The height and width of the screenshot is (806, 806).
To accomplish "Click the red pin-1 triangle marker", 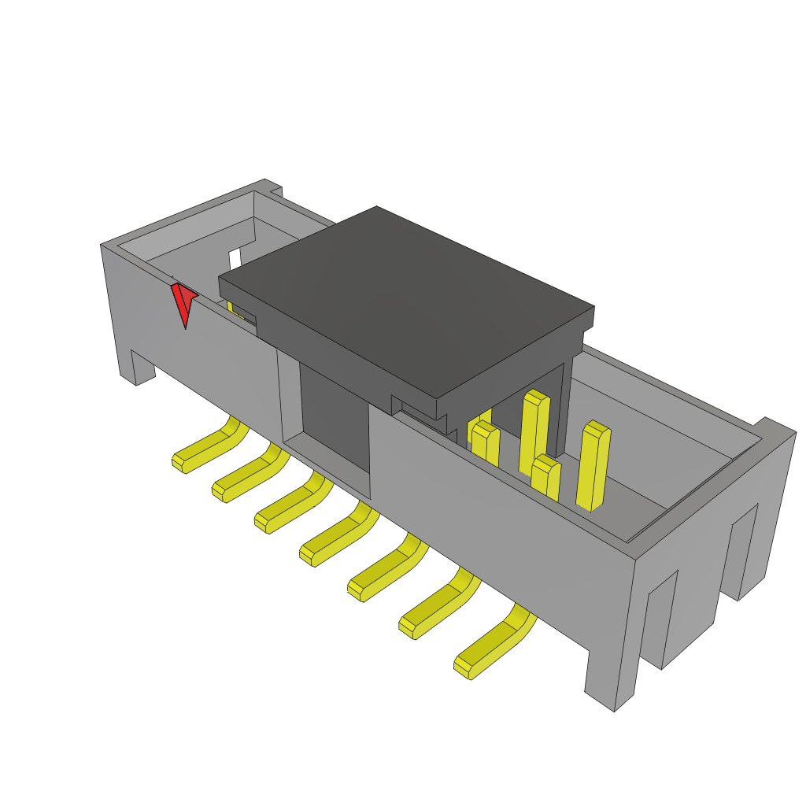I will coord(183,302).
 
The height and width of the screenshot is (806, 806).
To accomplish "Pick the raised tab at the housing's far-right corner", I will coord(775,429).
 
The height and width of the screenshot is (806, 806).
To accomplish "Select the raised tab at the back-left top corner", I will coord(271,187).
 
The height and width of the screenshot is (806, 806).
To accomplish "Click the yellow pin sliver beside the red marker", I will coord(234,308).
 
